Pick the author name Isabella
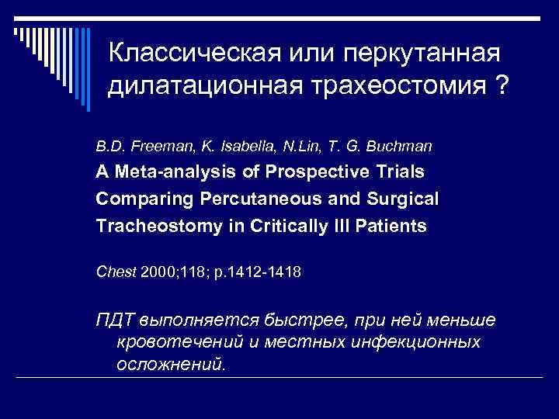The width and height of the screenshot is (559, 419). [x=231, y=145]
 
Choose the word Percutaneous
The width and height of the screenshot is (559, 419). [x=250, y=199]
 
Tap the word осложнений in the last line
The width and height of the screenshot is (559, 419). [x=170, y=362]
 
